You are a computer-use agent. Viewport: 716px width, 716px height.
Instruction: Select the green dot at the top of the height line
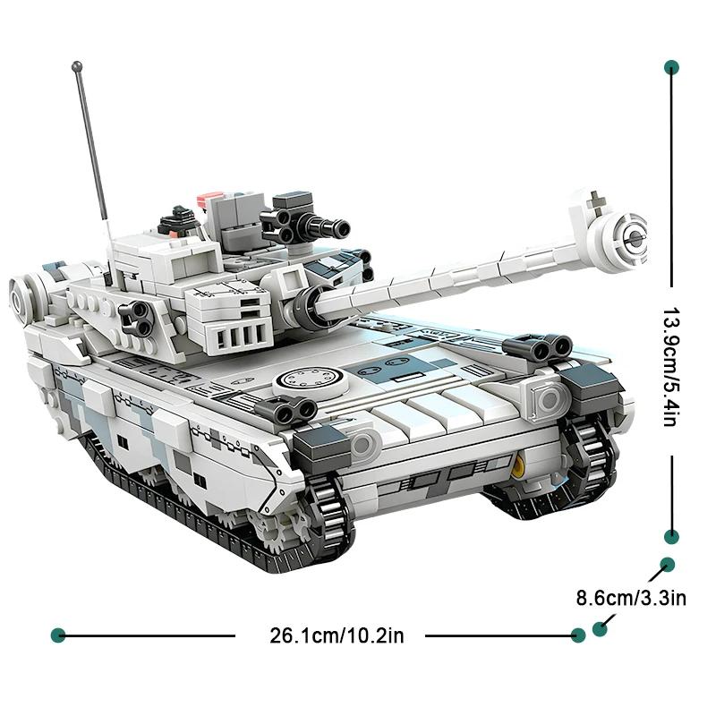(x=670, y=67)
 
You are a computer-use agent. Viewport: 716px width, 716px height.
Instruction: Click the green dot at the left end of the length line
(x=59, y=635)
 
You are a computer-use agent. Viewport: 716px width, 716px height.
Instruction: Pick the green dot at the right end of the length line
(x=578, y=635)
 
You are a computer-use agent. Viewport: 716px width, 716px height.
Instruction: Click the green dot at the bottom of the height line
(x=670, y=536)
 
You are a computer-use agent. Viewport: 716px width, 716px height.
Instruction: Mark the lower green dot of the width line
(x=600, y=628)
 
